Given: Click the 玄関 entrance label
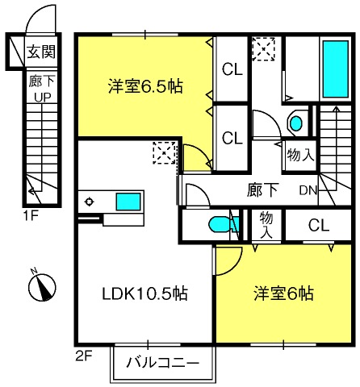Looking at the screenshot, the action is tap(41, 52).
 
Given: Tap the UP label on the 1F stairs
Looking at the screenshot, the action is tap(42, 98).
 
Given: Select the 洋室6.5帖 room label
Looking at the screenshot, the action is tap(145, 86).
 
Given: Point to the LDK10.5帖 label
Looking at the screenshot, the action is tap(144, 293).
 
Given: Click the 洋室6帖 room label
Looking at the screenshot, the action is tap(283, 293).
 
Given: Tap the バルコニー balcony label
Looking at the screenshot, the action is tap(163, 363).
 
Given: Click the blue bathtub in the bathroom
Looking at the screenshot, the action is tap(336, 69).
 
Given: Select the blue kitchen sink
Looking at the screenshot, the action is tap(128, 202).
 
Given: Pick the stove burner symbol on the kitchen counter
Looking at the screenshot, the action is tap(89, 202).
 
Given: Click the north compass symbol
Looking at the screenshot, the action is tap(42, 287).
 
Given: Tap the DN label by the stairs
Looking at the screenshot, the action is tap(308, 190).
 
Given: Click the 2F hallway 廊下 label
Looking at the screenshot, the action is tap(262, 189).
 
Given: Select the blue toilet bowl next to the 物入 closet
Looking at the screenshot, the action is tap(219, 224).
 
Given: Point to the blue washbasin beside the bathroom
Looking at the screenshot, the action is tap(295, 123).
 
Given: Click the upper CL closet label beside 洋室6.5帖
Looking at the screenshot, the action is tap(232, 69).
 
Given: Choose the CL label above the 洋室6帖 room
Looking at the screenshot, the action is tap(319, 225).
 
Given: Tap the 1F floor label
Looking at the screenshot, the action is tap(31, 216).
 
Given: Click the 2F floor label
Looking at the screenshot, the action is tap(84, 356).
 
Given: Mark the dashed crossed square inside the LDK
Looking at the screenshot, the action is tap(165, 153).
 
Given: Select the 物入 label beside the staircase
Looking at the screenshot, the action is tap(300, 155).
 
